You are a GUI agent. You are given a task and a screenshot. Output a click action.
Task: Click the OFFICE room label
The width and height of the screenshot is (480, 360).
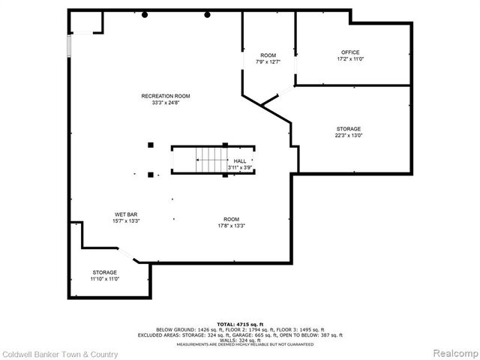pos(350,52)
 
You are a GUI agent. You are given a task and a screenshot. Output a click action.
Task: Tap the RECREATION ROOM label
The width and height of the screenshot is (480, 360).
pos(166,95)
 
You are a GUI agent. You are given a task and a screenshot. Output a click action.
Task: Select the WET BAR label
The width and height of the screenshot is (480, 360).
pos(125,214)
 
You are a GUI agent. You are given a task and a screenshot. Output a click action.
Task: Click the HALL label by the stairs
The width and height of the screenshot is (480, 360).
pos(240,161)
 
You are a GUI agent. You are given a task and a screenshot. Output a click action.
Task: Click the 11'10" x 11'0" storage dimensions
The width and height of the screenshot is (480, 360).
pos(105,278)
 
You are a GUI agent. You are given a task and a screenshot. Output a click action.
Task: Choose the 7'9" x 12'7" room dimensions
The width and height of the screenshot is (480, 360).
pos(268,62)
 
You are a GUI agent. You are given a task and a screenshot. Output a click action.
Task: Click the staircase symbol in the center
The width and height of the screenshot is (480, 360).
pos(211,159)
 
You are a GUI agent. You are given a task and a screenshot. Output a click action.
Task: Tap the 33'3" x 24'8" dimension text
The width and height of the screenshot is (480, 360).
pos(166,102)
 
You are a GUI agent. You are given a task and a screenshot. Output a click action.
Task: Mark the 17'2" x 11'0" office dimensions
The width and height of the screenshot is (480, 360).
pos(350,58)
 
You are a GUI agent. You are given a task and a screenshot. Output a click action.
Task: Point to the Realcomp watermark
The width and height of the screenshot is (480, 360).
pos(451,352)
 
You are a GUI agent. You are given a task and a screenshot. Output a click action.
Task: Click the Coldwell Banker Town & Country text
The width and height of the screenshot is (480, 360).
pos(59,353)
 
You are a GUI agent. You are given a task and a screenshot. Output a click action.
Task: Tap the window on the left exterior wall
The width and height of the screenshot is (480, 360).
pos(70,46)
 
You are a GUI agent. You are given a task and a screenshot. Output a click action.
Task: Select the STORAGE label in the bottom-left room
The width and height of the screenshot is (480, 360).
pos(105,271)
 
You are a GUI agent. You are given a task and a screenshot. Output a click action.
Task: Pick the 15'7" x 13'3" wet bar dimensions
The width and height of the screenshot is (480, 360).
pos(125,221)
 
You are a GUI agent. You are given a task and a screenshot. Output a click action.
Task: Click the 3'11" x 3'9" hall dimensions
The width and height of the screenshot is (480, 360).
pos(240,168)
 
